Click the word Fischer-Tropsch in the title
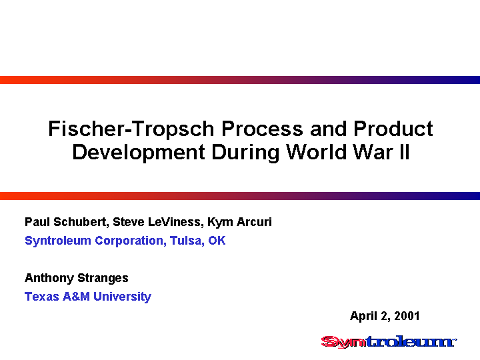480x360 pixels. coord(131,129)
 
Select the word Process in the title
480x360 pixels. coord(263,129)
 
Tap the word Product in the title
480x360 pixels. coord(393,128)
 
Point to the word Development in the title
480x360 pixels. coord(139,152)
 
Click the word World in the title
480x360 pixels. coord(317,152)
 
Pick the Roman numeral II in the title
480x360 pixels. coord(404,152)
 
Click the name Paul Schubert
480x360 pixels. coord(65,222)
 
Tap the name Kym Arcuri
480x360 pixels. coord(239,222)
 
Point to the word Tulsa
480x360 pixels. coord(187,241)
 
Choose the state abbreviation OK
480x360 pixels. coord(217,240)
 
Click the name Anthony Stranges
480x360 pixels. coord(77,278)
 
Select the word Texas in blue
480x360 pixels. coord(42,296)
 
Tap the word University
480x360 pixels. coord(122,297)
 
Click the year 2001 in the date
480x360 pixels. coord(407,316)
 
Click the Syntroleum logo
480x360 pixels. coord(389,342)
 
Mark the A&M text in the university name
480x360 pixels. coord(76,296)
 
